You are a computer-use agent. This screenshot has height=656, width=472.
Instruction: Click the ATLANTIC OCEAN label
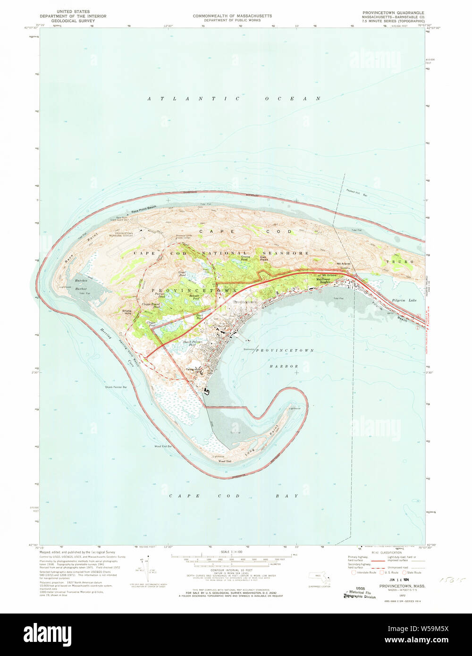tap(234, 99)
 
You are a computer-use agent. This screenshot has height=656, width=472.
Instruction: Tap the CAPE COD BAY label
tap(234, 496)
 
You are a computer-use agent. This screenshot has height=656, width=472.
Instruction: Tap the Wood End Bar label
tap(163, 446)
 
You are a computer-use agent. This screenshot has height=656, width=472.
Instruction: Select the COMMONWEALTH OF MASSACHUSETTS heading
tap(232, 16)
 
